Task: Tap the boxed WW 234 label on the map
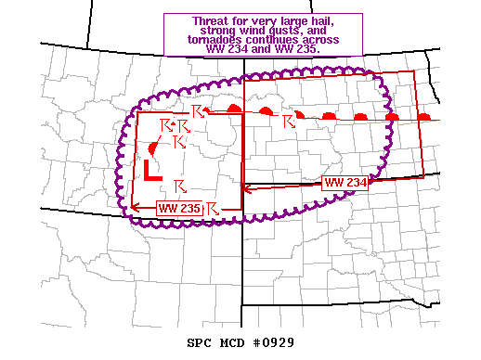coord(346,182)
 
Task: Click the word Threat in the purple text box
coord(213,21)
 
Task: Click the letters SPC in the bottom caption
coord(197,342)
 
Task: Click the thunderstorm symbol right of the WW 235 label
coord(213,207)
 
